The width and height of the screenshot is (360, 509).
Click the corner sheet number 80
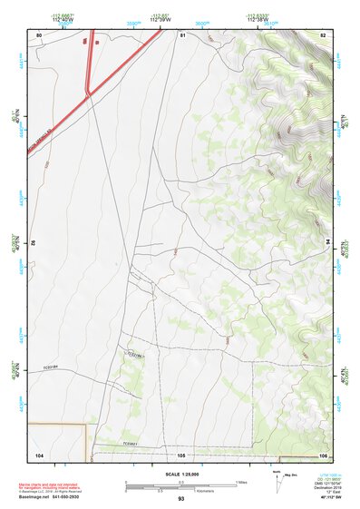click(x=39, y=34)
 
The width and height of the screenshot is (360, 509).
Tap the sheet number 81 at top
click(x=182, y=34)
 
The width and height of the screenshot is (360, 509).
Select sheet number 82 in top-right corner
click(x=323, y=34)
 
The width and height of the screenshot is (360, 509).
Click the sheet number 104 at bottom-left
click(x=39, y=454)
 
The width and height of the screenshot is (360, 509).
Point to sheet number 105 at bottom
click(x=181, y=454)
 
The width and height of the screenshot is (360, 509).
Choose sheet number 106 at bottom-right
click(x=323, y=454)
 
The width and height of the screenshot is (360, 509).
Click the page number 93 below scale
click(x=181, y=499)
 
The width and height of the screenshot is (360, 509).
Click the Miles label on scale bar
click(x=241, y=481)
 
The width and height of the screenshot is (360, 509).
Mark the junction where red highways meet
click(x=87, y=93)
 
